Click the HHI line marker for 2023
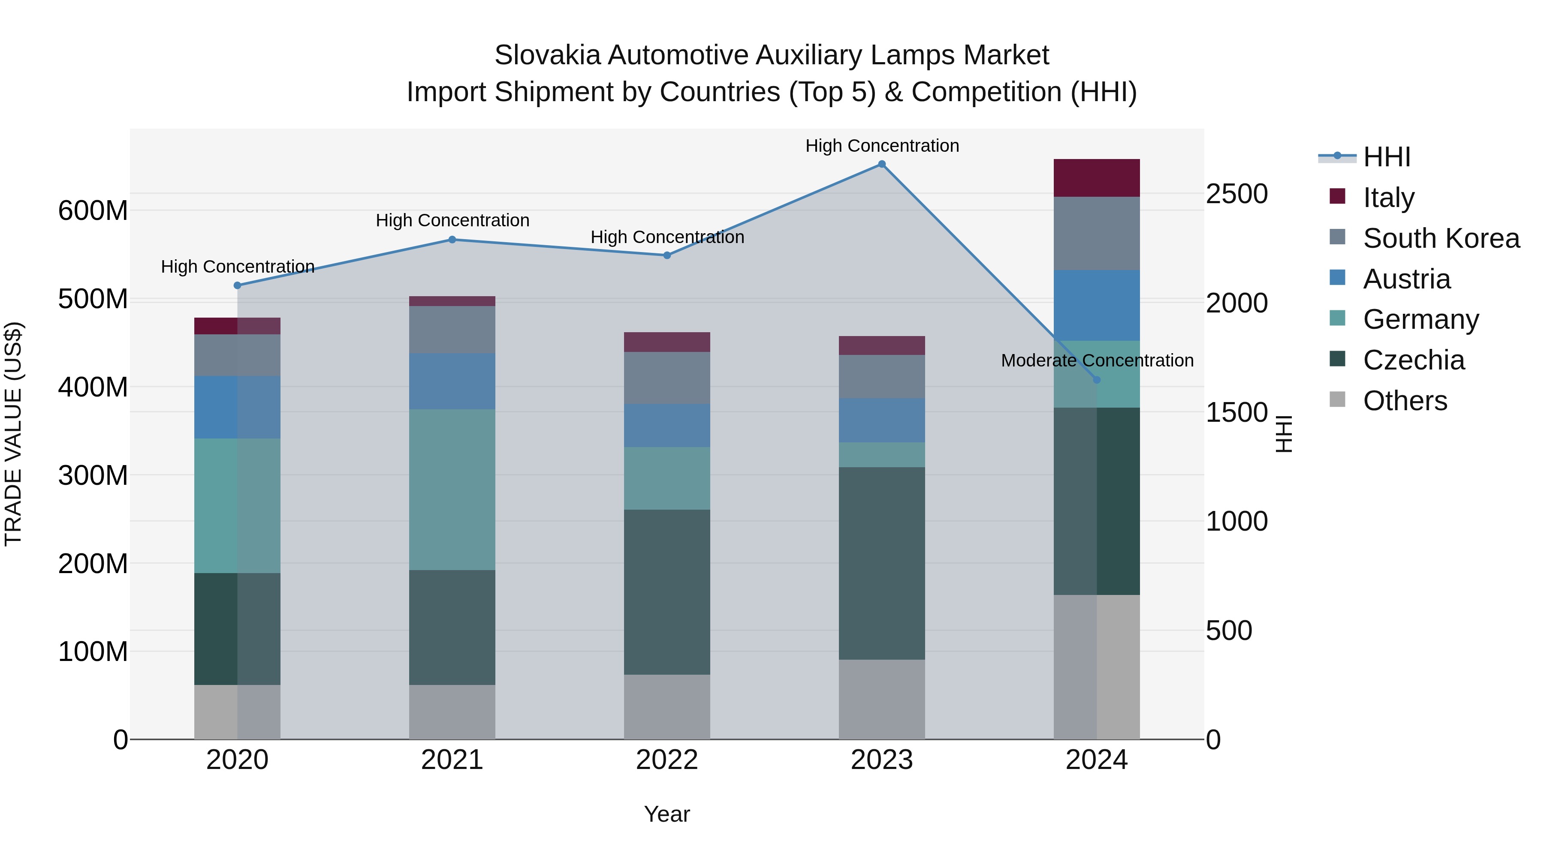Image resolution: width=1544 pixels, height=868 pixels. coord(882,164)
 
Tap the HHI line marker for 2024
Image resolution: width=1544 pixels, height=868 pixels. coord(1097,380)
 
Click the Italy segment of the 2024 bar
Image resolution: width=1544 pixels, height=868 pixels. coord(1097,178)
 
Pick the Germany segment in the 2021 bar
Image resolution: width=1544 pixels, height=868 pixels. coord(452,490)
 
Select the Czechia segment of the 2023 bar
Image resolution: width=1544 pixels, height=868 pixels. coord(882,563)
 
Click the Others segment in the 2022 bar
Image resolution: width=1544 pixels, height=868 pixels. coord(667,707)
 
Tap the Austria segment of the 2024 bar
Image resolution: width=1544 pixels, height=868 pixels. coord(1097,306)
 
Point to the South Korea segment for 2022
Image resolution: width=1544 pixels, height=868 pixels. coord(667,378)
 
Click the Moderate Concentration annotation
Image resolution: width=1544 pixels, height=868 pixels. coord(1097,360)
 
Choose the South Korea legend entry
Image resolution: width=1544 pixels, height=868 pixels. coord(1441,238)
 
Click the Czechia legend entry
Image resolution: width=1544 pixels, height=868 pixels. coord(1413,360)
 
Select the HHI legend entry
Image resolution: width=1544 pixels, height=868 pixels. coord(1386,157)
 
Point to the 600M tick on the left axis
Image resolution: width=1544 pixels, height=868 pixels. coord(93,211)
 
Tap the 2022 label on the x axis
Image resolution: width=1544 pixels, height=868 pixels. coord(667,760)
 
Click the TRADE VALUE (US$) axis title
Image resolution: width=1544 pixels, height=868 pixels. coord(13,434)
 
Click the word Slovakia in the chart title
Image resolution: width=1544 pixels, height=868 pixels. coord(547,55)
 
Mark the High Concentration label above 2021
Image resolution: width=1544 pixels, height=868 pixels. coord(452,220)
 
